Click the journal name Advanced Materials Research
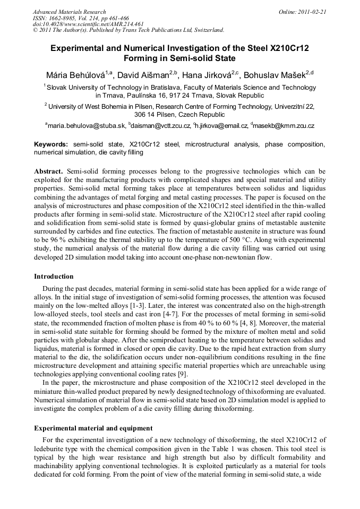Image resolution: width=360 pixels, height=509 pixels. pyautogui.click(x=69, y=12)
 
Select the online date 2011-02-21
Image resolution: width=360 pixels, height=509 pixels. pyautogui.click(x=312, y=12)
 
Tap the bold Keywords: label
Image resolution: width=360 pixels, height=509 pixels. pyautogui.click(x=51, y=144)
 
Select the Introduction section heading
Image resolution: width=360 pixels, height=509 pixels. pyautogui.click(x=54, y=277)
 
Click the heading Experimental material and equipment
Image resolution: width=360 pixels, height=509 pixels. pyautogui.click(x=93, y=428)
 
